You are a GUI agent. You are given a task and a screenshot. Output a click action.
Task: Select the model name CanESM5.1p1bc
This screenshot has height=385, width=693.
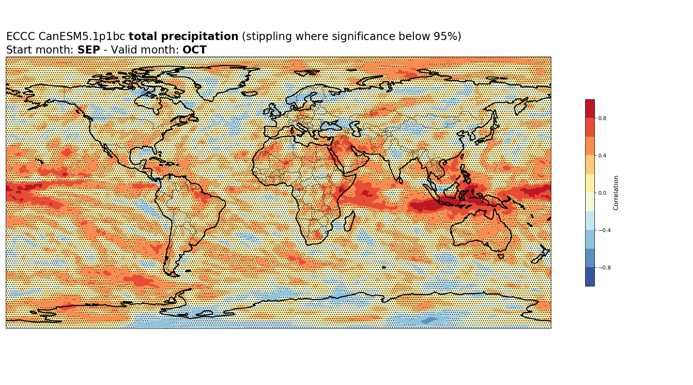(x=82, y=37)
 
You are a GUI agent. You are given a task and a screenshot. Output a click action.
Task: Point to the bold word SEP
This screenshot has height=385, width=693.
(x=89, y=50)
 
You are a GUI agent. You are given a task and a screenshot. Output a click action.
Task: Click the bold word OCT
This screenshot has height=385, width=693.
(x=194, y=50)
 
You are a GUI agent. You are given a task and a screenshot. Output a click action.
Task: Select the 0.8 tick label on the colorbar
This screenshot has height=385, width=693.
(x=602, y=118)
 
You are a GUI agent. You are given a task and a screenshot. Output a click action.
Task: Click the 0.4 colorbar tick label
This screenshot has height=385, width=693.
(x=602, y=156)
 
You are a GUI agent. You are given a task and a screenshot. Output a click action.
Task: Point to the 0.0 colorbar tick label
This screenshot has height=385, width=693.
(x=602, y=193)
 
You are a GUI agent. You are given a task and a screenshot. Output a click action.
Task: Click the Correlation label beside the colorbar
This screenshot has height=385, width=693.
(x=616, y=193)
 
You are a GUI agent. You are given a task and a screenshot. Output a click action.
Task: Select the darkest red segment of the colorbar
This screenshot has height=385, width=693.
(x=590, y=109)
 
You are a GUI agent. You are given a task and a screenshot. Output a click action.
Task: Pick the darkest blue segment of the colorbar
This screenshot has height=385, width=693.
(x=590, y=277)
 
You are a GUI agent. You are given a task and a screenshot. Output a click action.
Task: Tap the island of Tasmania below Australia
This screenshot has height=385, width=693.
(x=500, y=256)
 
